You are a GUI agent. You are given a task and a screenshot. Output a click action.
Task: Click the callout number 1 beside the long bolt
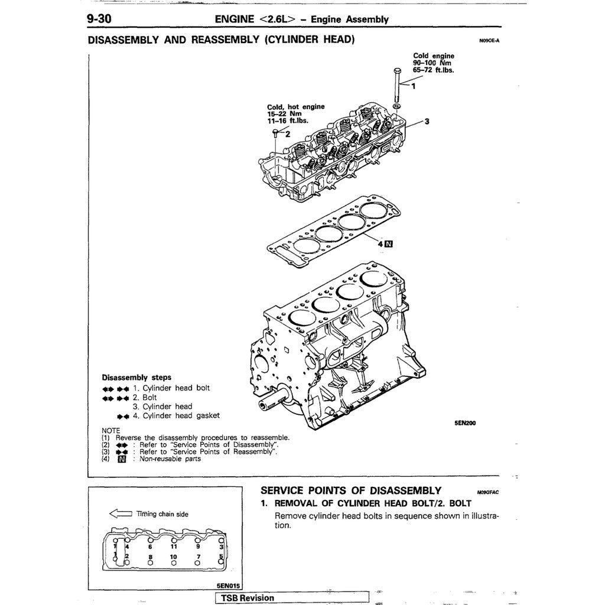point(413,86)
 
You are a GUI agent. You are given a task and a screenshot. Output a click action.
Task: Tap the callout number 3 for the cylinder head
point(427,122)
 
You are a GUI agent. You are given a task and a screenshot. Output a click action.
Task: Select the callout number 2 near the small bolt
point(288,134)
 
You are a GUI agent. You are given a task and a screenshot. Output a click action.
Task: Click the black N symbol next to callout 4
point(388,243)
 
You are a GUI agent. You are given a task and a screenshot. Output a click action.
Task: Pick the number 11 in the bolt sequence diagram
point(174,547)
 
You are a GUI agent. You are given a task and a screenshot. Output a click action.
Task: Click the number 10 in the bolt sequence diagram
point(174,557)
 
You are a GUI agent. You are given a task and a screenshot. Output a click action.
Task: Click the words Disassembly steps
point(136,377)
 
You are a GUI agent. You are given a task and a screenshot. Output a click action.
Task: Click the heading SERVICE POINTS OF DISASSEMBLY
point(351,490)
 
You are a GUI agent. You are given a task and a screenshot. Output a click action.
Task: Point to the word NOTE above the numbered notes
point(111,430)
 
